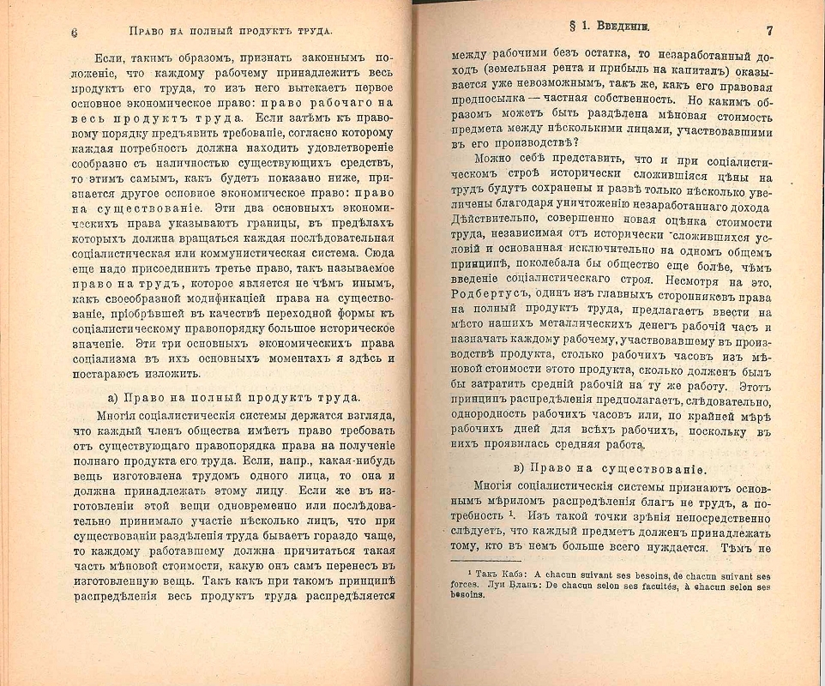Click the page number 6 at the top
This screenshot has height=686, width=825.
tap(75, 31)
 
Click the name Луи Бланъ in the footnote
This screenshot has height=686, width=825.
tap(491, 586)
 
